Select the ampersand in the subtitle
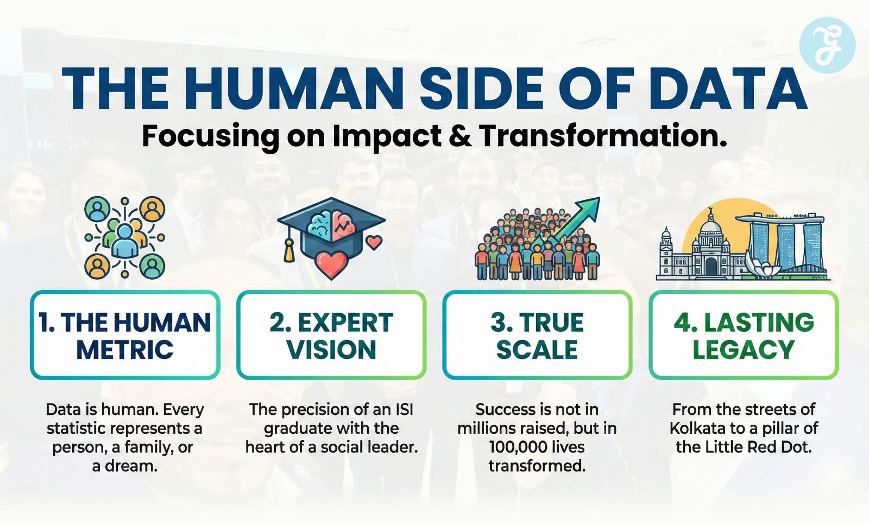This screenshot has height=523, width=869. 460,136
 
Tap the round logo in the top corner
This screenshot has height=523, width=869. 828,45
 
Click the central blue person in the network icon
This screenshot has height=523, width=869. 125,241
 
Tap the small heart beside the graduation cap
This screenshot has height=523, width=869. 374,242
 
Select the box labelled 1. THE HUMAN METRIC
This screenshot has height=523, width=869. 125,335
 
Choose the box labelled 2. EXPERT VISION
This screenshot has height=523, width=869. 331,335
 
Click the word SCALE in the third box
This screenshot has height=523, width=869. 537,350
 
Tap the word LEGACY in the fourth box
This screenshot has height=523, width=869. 744,350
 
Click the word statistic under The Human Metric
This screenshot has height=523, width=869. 78,429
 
